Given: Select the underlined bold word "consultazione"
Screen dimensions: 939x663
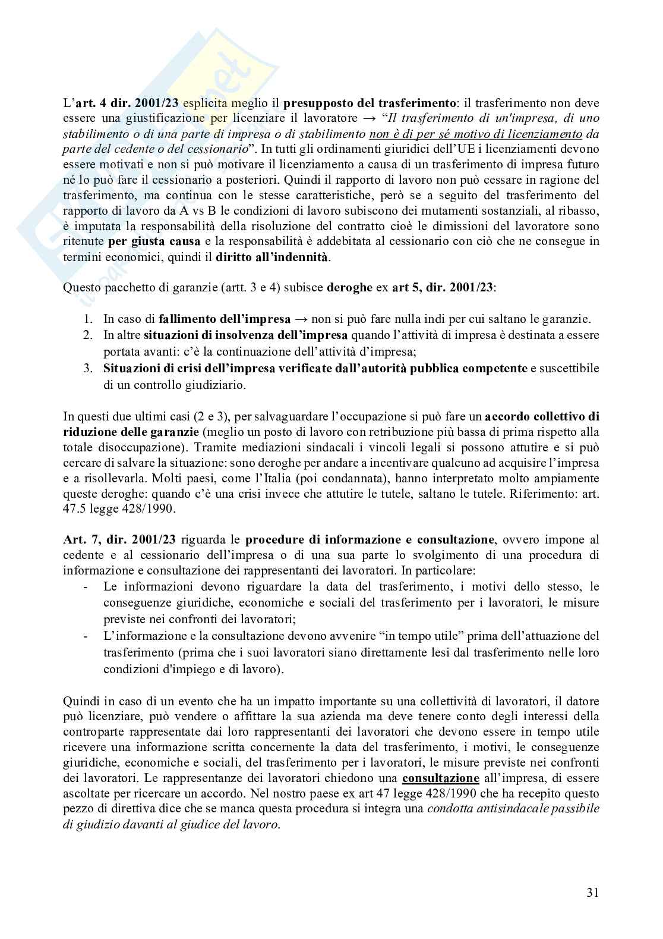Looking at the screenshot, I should pyautogui.click(x=440, y=778).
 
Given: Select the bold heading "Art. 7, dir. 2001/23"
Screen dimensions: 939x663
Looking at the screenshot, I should pyautogui.click(x=113, y=539).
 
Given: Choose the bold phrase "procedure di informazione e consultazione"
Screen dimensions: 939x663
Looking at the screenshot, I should pyautogui.click(x=368, y=539).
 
